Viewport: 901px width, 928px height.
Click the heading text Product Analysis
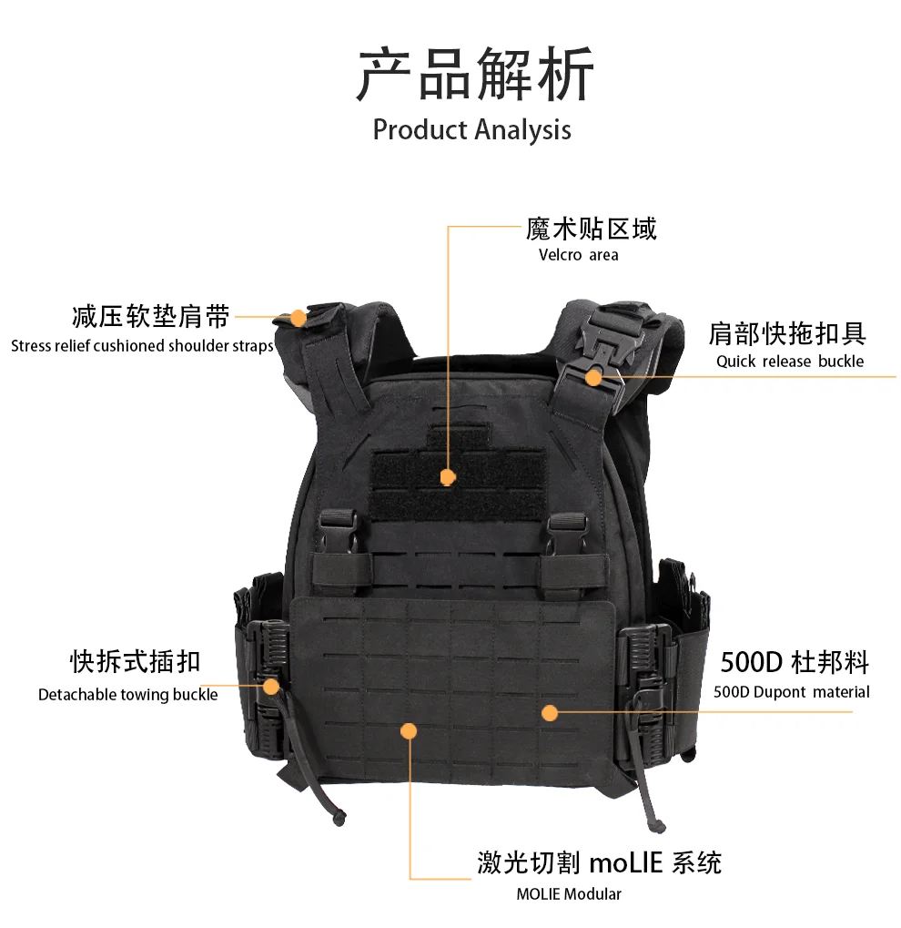click(471, 129)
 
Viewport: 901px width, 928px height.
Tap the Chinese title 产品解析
click(474, 75)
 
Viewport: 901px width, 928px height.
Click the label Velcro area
click(578, 255)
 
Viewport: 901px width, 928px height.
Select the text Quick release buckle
click(790, 361)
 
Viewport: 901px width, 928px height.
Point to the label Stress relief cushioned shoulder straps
click(142, 346)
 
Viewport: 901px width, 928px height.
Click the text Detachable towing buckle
click(127, 694)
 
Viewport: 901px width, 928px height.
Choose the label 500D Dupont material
click(791, 692)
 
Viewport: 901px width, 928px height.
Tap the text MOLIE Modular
click(569, 893)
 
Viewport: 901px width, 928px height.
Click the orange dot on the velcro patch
click(448, 477)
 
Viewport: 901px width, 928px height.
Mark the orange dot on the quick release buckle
click(594, 377)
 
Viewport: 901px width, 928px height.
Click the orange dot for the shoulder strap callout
click(299, 318)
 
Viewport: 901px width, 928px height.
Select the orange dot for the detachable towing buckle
click(271, 687)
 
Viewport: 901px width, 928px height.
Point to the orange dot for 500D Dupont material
click(550, 712)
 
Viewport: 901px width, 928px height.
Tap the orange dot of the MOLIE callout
click(409, 731)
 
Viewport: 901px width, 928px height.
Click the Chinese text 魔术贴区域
click(591, 229)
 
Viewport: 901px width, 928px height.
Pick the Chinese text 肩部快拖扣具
click(787, 334)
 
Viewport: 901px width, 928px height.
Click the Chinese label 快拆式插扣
click(136, 661)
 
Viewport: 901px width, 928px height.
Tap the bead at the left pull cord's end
click(339, 819)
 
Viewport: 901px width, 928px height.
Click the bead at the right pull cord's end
click(659, 826)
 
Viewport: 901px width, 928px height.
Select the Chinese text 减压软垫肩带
click(151, 317)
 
